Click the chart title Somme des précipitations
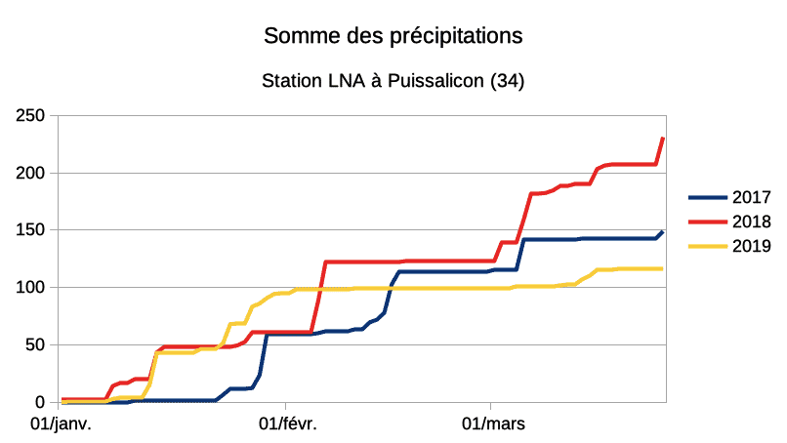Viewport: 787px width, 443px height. coord(393,36)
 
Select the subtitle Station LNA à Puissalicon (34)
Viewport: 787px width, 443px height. coord(393,82)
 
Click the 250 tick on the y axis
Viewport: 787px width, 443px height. coord(32,115)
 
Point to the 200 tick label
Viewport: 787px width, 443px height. coord(32,173)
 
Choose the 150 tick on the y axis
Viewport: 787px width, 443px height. coord(32,230)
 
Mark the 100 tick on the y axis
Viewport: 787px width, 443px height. coord(32,287)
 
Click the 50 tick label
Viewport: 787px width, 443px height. coord(37,344)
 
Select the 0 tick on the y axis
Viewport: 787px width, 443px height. coord(42,402)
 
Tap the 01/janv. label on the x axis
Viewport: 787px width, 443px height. coord(62,424)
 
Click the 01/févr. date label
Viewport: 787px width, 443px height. coord(287,424)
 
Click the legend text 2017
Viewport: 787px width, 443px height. coord(752,198)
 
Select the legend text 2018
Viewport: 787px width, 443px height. coord(752,222)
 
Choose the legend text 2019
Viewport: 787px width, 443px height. coord(752,246)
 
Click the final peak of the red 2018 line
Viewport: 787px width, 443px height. coord(663,139)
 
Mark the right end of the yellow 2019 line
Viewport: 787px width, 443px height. coord(663,268)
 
